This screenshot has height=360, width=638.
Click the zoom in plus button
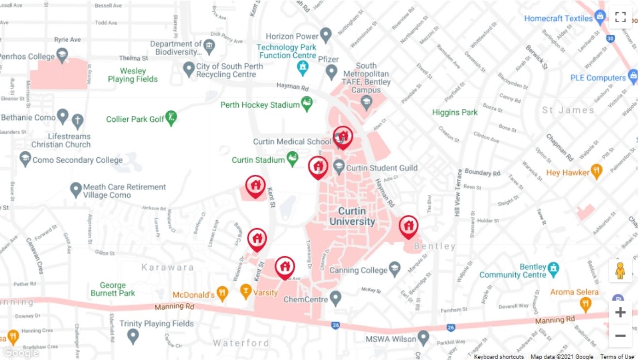(x=620, y=312)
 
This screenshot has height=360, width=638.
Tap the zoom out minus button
(x=620, y=335)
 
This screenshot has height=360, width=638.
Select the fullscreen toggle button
(x=621, y=17)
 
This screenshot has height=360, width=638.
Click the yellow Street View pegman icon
(x=620, y=271)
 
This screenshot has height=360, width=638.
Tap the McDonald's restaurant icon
(x=222, y=293)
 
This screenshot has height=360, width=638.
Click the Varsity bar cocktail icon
(x=246, y=291)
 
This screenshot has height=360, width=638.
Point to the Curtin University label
(x=352, y=216)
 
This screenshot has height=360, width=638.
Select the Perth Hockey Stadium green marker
(x=306, y=103)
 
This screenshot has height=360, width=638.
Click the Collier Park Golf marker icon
(x=171, y=117)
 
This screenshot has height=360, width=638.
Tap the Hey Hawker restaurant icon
(x=597, y=171)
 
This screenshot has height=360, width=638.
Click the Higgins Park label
(x=455, y=113)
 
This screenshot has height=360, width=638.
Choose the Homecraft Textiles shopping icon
(x=600, y=17)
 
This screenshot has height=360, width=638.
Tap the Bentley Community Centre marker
(x=553, y=268)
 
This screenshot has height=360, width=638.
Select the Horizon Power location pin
(x=326, y=35)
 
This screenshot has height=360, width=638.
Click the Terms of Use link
(x=617, y=357)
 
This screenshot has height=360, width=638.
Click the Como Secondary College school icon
(x=25, y=158)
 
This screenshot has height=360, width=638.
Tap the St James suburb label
(x=567, y=110)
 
